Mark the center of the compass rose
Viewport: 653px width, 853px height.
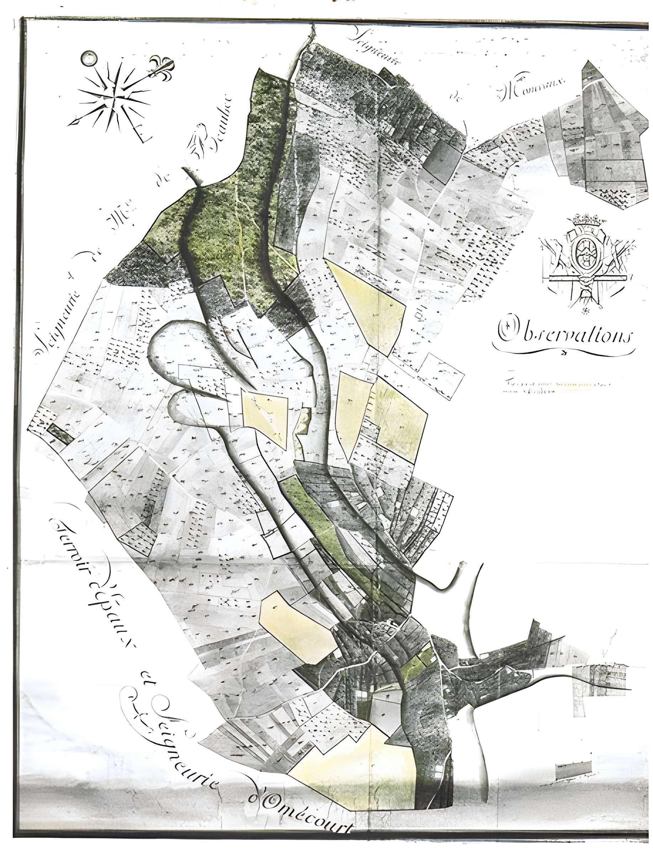pos(115,96)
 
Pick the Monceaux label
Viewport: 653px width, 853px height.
pos(532,89)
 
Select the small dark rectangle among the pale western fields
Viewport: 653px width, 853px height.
pos(60,433)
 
